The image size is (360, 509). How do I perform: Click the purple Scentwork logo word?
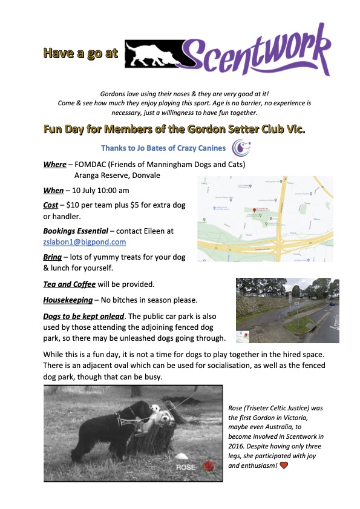click(257, 55)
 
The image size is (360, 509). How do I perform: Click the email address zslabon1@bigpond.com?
click(85, 241)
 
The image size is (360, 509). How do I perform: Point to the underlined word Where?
click(54, 165)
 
